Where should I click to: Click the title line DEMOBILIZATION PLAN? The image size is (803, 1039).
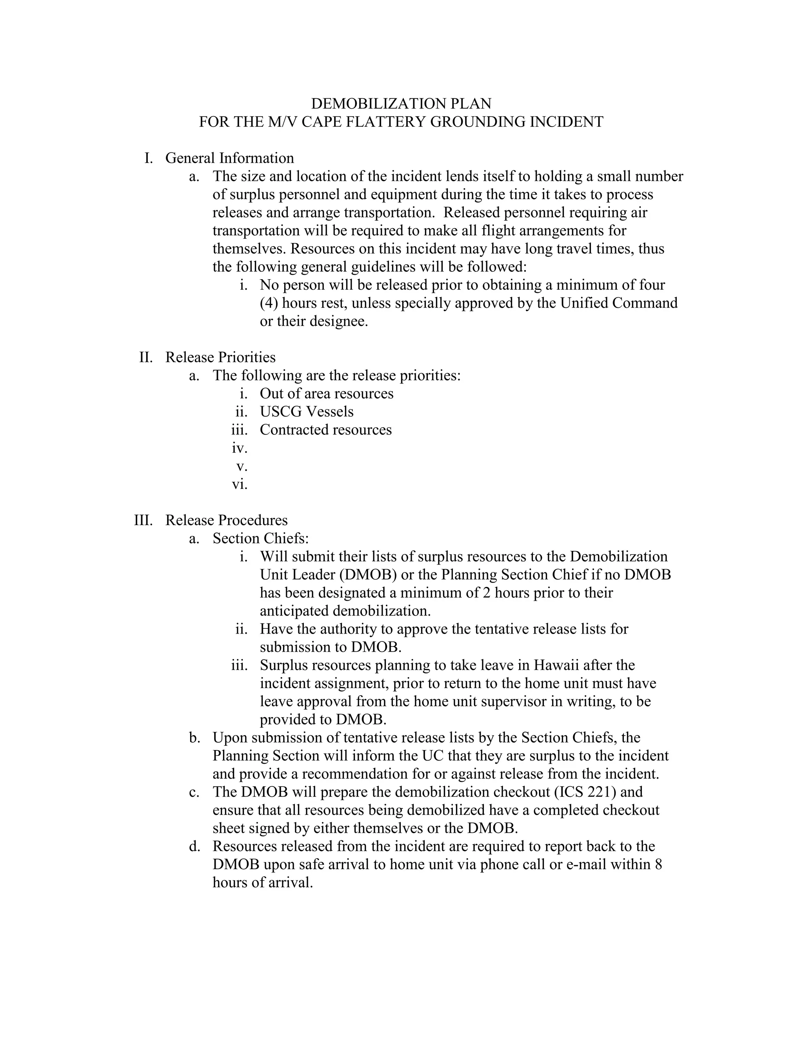(x=401, y=104)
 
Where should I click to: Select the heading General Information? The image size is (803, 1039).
(x=229, y=158)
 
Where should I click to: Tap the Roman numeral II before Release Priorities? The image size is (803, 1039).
(x=145, y=357)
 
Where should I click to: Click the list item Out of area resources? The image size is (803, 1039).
(x=326, y=393)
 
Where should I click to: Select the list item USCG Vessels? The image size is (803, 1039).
(x=306, y=412)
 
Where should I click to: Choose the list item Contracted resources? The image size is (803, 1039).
(x=325, y=430)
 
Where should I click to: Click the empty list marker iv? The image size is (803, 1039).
(x=239, y=448)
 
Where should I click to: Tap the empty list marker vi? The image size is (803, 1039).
(x=239, y=484)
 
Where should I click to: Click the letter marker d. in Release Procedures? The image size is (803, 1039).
(x=194, y=846)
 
